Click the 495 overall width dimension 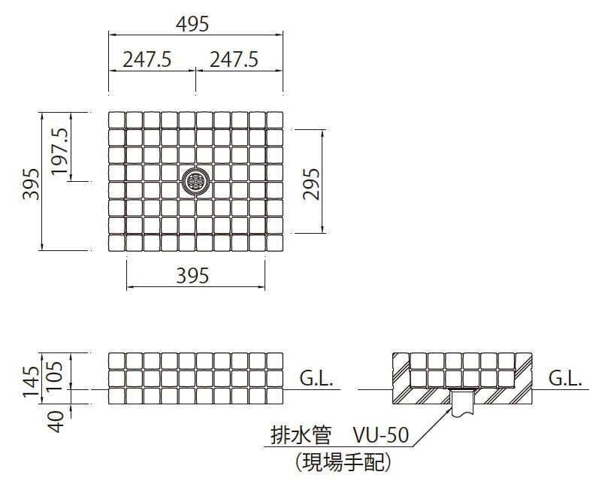point(194,24)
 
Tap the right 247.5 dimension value point(234,59)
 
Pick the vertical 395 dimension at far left point(30,183)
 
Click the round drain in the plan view point(196,180)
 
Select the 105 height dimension point(59,373)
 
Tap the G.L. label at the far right point(565,378)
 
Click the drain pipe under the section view point(461,403)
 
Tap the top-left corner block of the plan point(116,120)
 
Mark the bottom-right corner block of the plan point(274,244)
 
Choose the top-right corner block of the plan point(274,120)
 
